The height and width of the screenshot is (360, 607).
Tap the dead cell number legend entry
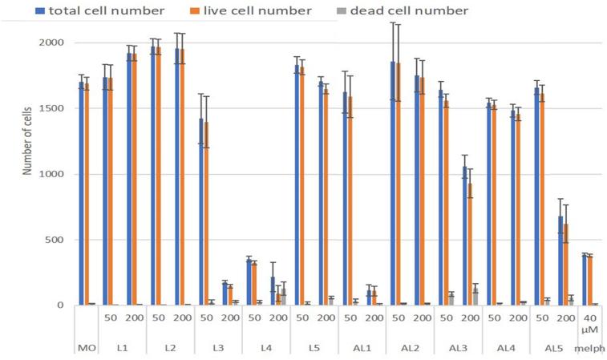coord(415,10)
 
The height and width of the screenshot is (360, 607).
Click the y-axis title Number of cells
coord(30,174)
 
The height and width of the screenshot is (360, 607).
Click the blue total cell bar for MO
coord(81,192)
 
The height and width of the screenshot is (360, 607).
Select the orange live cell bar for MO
coord(87,194)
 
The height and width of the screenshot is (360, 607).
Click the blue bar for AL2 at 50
coord(393,184)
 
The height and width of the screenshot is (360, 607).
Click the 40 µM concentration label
coord(592,326)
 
